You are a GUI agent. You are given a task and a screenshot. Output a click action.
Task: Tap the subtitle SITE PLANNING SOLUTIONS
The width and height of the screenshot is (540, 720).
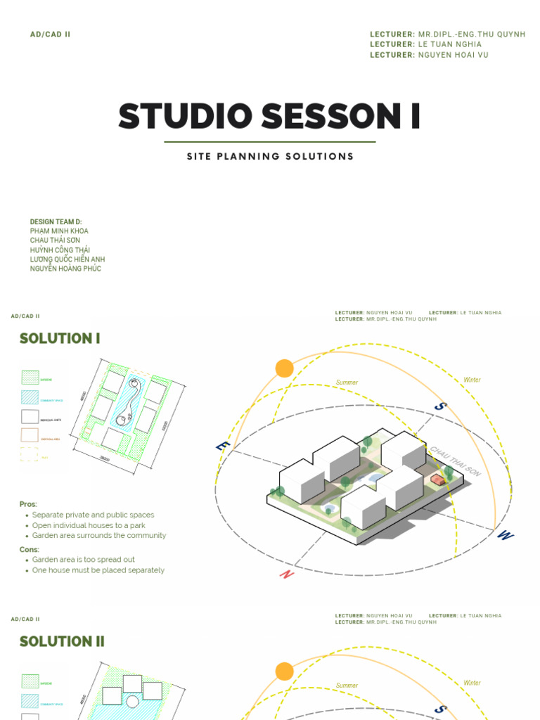tap(270, 157)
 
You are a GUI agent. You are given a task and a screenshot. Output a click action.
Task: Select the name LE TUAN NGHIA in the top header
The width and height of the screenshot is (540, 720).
tap(450, 44)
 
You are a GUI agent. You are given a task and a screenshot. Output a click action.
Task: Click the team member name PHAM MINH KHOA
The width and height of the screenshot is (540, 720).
tap(59, 231)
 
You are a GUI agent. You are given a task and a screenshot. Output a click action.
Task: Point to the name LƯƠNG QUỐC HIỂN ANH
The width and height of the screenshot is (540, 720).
tap(67, 259)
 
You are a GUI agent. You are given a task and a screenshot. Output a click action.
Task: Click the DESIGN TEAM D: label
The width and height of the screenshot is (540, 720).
tap(56, 222)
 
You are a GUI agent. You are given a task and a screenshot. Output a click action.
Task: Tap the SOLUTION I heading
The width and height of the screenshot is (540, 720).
tap(60, 339)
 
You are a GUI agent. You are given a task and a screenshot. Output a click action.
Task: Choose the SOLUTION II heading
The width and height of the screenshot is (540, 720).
tap(62, 641)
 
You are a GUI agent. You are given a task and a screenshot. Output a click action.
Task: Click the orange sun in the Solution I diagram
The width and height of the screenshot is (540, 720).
tap(284, 368)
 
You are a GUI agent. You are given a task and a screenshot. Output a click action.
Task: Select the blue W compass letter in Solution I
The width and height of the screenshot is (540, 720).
tap(504, 536)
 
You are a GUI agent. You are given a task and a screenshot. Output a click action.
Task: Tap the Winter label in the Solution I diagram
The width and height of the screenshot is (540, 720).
tap(472, 380)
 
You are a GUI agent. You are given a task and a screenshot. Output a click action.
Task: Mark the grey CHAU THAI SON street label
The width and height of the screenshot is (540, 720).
tap(455, 461)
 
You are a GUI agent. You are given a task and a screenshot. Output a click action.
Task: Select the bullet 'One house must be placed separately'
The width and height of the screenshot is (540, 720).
tap(98, 570)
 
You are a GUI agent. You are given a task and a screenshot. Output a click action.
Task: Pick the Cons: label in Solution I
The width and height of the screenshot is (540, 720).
tap(30, 550)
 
